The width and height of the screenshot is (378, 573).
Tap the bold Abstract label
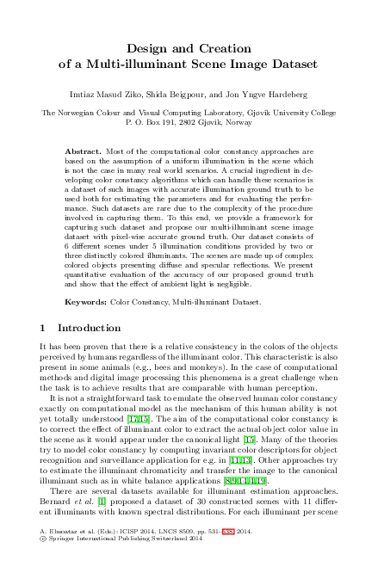tap(84, 150)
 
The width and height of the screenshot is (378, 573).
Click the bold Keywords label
tap(86, 280)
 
